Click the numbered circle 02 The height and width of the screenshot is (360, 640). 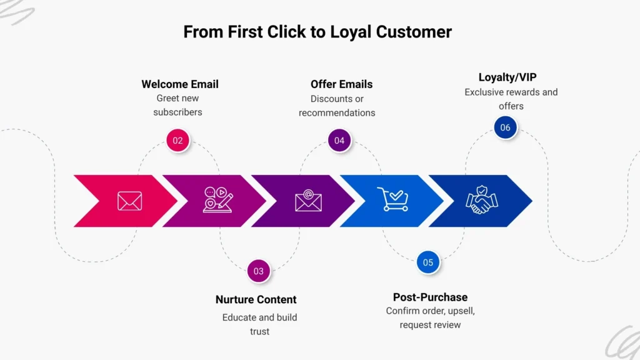(x=178, y=141)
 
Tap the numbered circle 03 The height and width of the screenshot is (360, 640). (x=259, y=271)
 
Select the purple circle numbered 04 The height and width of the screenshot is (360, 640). (x=339, y=141)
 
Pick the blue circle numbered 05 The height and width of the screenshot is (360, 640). (x=428, y=262)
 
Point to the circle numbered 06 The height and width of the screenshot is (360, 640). (x=505, y=127)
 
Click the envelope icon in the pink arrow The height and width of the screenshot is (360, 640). (x=130, y=201)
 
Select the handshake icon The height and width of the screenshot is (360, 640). (x=482, y=201)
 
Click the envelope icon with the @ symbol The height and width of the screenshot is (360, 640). (x=308, y=201)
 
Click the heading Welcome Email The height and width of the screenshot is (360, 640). (x=180, y=84)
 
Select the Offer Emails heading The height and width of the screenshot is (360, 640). (x=341, y=84)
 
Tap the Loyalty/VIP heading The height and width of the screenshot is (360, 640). (x=507, y=77)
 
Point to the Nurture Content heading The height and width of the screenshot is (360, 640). (x=256, y=299)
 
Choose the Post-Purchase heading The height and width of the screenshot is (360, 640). (x=430, y=297)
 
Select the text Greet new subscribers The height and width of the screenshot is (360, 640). (x=178, y=105)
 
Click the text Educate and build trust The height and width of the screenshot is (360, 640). (x=259, y=324)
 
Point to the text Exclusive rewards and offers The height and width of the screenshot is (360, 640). (x=511, y=99)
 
